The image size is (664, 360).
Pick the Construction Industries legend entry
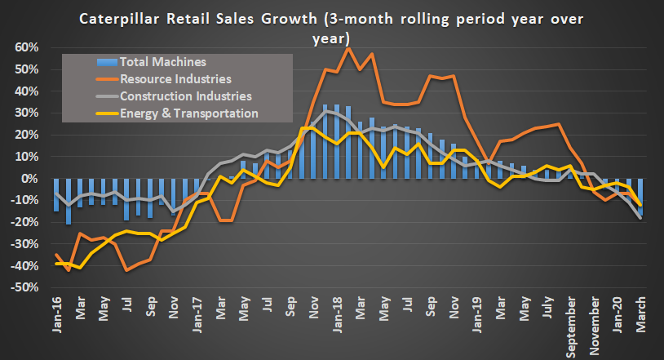pos(185,96)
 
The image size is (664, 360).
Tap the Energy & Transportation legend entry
pos(189,113)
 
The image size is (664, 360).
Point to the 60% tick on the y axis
pos(26,47)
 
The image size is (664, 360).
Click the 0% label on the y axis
pos(29,179)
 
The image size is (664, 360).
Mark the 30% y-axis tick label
pos(26,113)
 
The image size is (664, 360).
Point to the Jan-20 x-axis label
pos(618,312)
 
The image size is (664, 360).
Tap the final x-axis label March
pos(641,313)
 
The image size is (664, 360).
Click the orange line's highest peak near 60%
pos(348,48)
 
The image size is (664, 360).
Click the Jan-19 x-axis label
pos(476,312)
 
